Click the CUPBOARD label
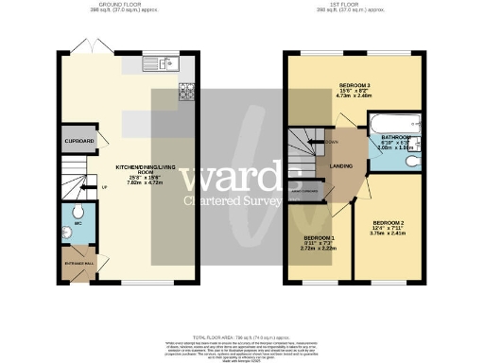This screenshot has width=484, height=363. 79,141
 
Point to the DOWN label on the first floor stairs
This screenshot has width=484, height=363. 332,143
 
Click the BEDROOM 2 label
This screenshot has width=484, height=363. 385,223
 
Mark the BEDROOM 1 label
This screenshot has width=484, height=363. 319,237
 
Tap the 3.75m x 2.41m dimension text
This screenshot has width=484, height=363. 385,239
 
